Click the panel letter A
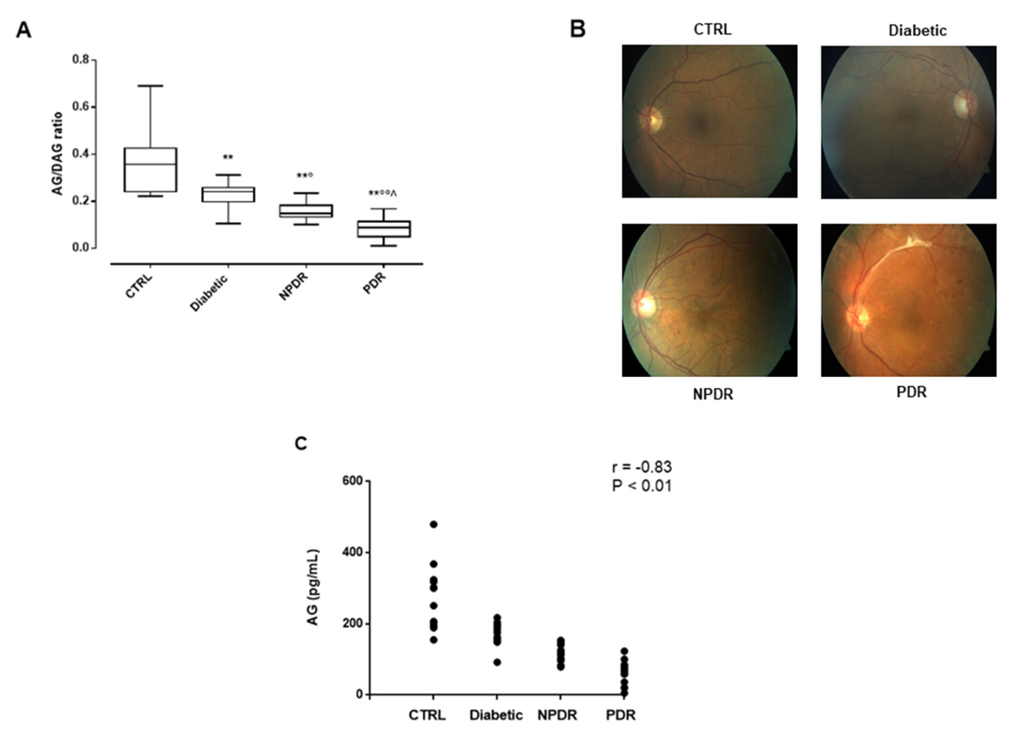23,31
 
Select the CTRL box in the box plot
150,169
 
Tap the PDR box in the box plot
384,229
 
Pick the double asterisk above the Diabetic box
228,157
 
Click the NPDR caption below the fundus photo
713,394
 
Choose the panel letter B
578,30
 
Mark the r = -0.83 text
642,467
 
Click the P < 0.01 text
642,486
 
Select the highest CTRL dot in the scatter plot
434,524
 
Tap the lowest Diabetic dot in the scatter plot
497,662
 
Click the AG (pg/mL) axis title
313,587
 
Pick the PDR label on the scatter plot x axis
621,715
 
